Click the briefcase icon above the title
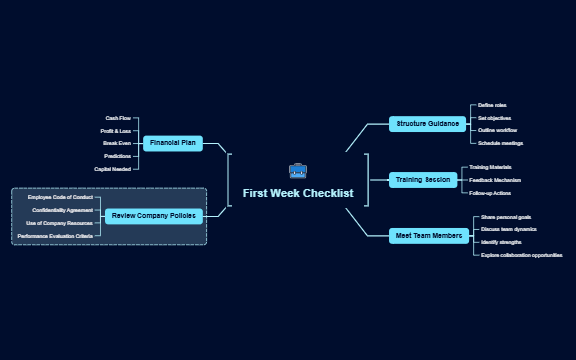tap(298, 171)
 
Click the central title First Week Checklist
tap(298, 193)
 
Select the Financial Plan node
tap(172, 143)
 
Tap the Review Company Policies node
tap(153, 215)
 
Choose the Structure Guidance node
tap(428, 124)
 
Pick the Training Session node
tap(423, 180)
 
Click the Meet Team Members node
tap(429, 236)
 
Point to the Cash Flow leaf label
tap(118, 118)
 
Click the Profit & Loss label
tap(115, 131)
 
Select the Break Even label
tap(116, 143)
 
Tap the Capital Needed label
tap(112, 169)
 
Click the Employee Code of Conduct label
tap(60, 198)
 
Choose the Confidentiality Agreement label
tap(62, 210)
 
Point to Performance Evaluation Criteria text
tap(55, 236)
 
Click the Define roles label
tap(492, 105)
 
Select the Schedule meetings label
tap(500, 143)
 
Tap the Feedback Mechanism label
tap(495, 180)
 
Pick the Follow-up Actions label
tap(490, 193)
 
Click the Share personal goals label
tap(505, 217)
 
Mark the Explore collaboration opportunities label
tap(521, 255)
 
